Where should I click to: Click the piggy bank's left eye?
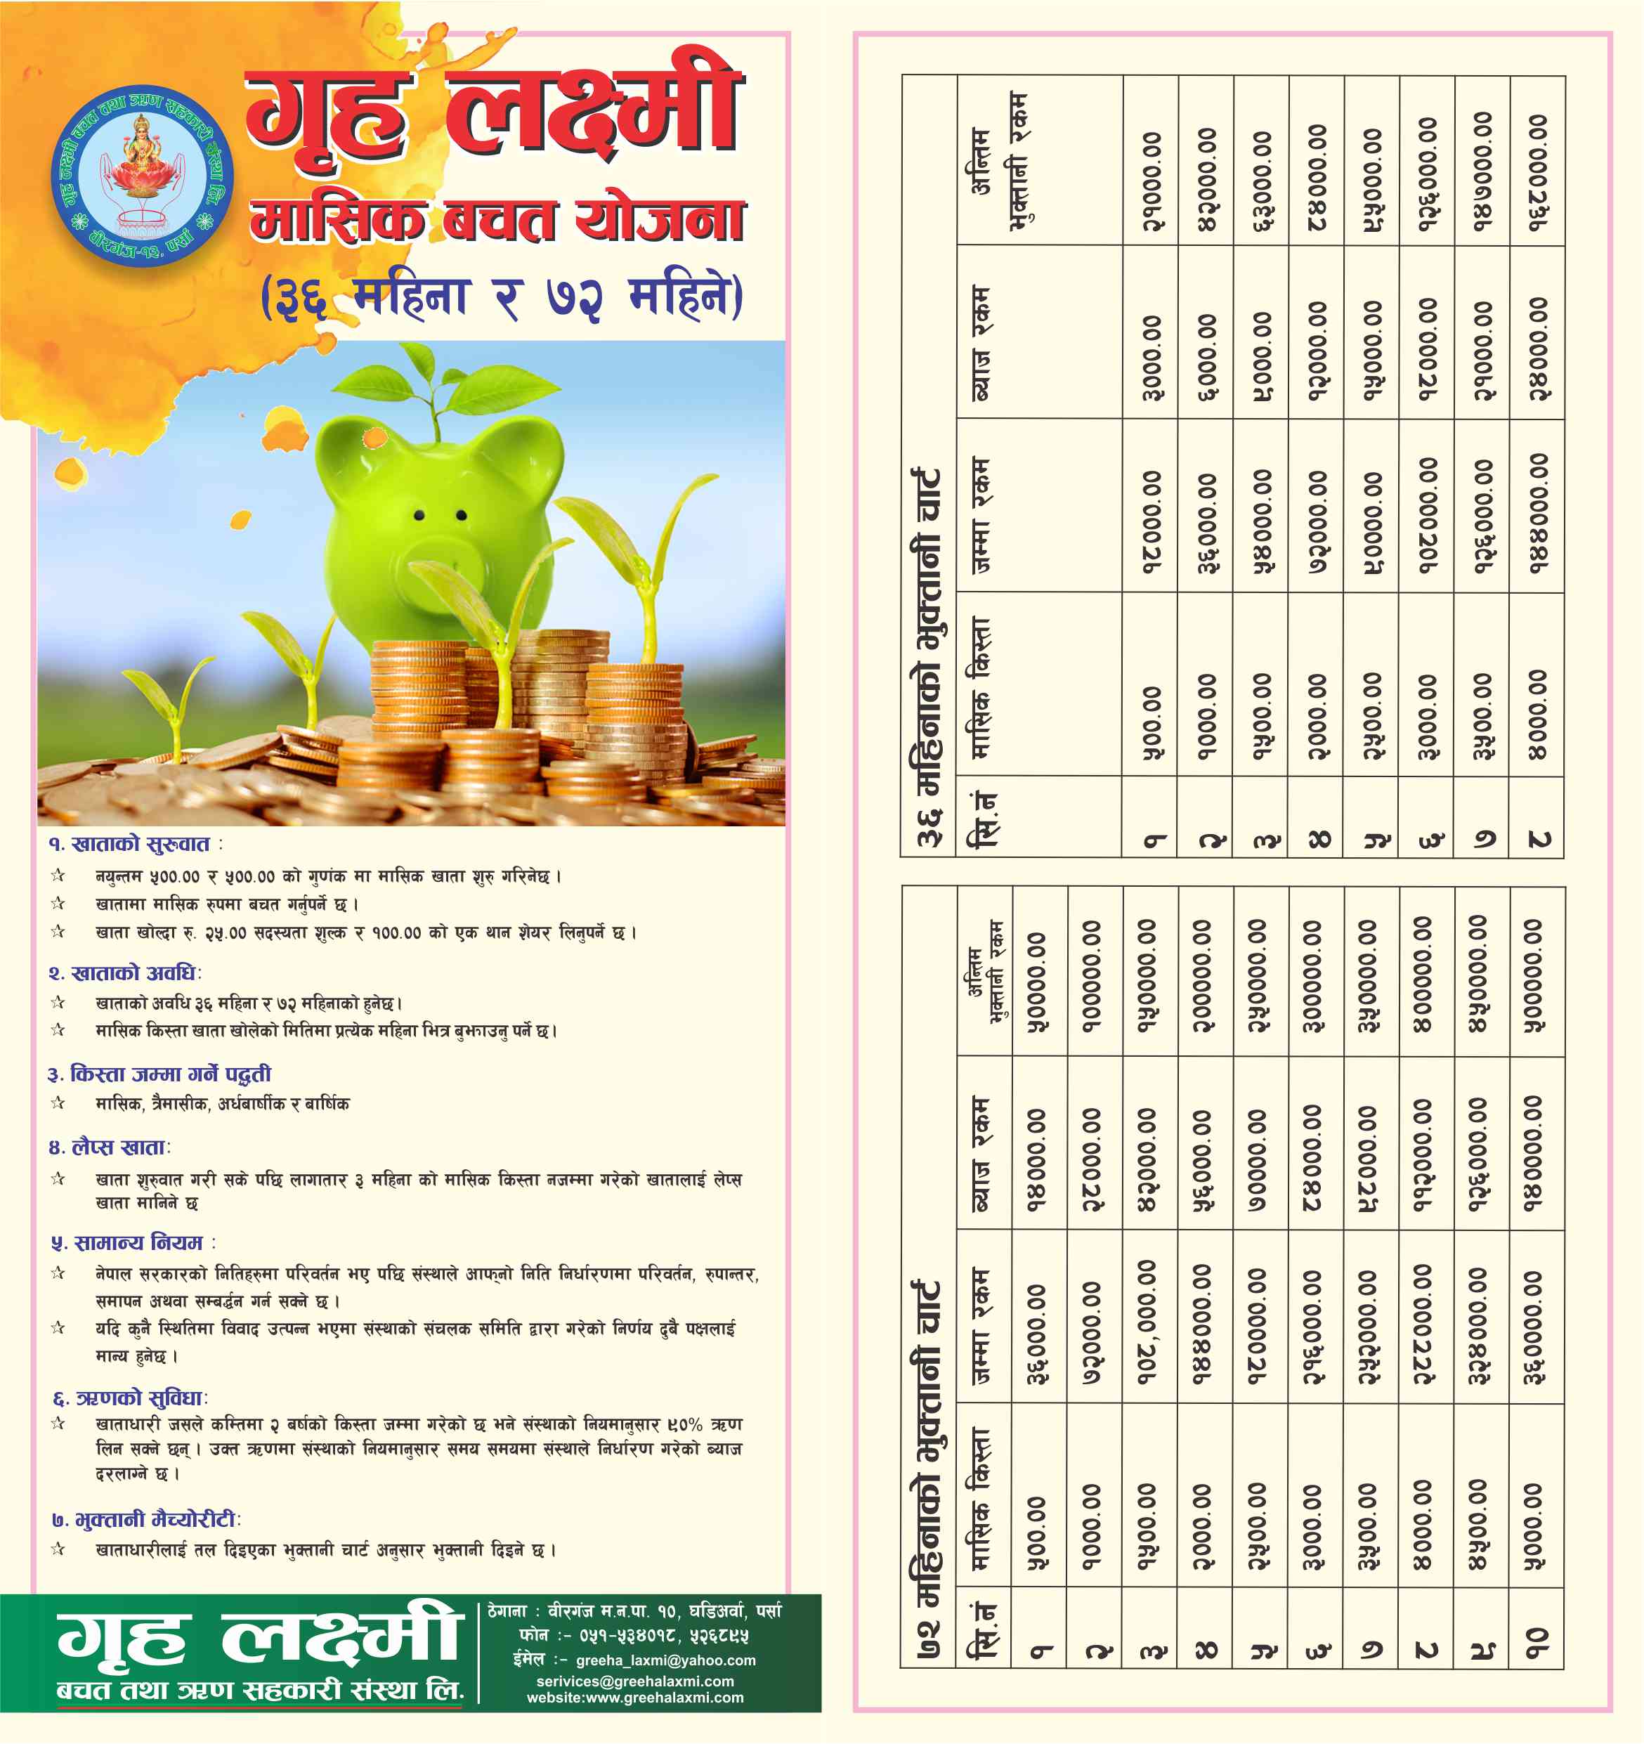(419, 515)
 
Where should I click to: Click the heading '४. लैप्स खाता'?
(110, 1147)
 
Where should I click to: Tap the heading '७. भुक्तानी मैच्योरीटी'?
(145, 1519)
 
